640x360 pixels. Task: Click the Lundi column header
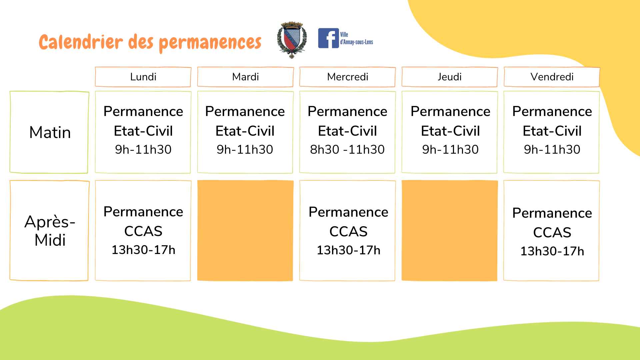143,77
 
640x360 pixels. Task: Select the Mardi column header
245,77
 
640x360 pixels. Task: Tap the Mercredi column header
348,77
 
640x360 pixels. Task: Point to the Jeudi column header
450,77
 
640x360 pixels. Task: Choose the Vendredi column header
552,77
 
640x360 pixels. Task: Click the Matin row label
50,132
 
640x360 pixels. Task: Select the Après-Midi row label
50,231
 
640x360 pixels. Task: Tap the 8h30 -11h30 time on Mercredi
347,150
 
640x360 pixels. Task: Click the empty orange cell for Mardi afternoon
245,231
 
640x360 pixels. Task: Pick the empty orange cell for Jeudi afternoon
450,231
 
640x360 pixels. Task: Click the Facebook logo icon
328,38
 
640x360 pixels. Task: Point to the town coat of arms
292,40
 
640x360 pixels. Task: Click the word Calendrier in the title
81,42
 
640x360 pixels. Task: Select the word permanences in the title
210,43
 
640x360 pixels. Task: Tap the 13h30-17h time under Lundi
143,250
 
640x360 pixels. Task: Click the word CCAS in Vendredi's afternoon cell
552,233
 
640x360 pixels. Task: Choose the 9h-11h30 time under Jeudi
450,150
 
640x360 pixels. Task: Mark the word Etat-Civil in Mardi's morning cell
245,131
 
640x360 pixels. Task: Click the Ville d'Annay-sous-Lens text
356,38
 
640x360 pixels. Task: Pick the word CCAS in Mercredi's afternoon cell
348,232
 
